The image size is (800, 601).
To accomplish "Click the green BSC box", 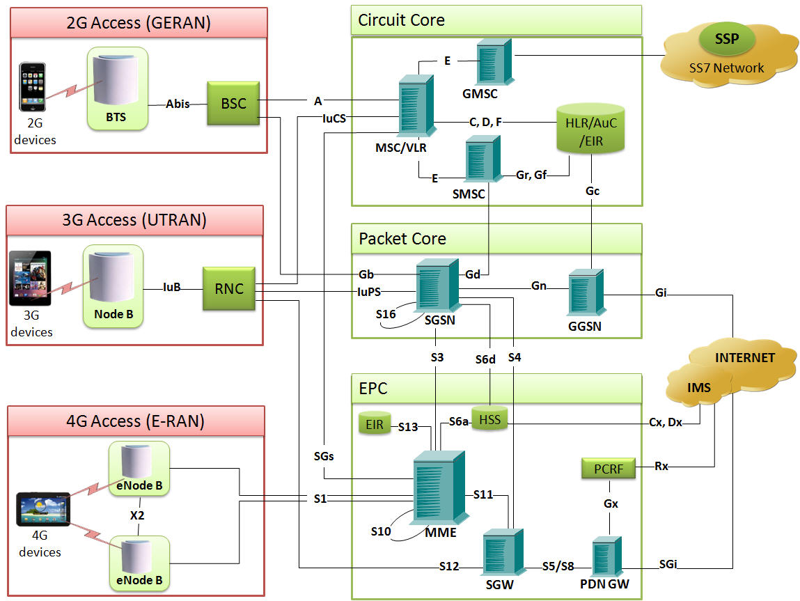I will [x=233, y=103].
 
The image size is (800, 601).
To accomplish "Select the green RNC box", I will [x=228, y=288].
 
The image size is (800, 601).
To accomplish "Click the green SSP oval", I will [x=728, y=40].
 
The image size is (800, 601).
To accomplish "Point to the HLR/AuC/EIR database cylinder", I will [x=590, y=128].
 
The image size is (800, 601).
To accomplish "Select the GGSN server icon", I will [x=585, y=296].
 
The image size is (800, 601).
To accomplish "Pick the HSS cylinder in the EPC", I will [x=489, y=419].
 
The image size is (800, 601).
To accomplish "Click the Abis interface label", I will [x=178, y=104].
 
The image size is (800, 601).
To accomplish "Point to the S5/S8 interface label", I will [x=558, y=566].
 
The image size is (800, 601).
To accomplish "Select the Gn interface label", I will [x=539, y=286].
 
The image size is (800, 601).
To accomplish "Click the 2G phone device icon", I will [x=32, y=86].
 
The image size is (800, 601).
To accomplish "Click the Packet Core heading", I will [x=402, y=239].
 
